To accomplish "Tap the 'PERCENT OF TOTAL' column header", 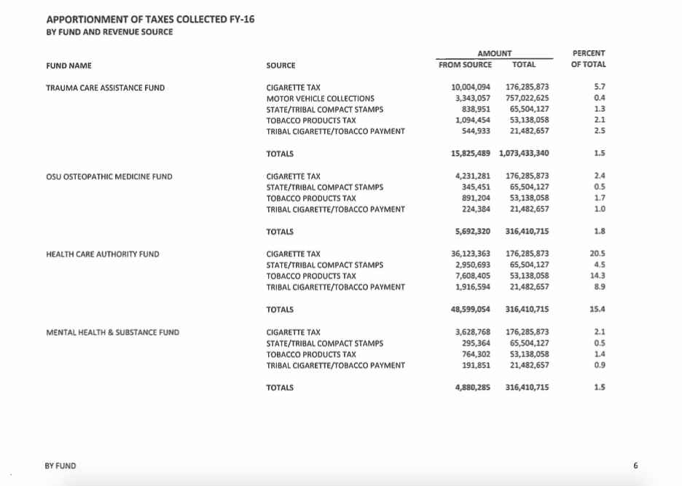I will [588, 59].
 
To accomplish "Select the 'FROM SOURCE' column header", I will [465, 65].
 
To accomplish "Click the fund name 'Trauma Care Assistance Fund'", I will [105, 88].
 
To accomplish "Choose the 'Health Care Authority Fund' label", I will [102, 254].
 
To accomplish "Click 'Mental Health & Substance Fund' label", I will [112, 332].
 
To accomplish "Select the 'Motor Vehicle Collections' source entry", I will [320, 98].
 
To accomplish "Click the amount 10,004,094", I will [471, 88].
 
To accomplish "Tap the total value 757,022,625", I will [527, 98].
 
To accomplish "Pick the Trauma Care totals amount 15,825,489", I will [471, 154].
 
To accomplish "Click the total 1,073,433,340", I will [524, 154].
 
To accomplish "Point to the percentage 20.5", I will [599, 254].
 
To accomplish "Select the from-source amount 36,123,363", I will [471, 254].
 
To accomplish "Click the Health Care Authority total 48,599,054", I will [471, 310].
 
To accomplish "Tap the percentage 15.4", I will [599, 310].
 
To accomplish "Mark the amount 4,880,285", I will [473, 387].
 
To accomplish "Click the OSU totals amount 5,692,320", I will [473, 232].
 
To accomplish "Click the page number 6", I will [635, 466].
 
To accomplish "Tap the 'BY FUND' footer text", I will [60, 466].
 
